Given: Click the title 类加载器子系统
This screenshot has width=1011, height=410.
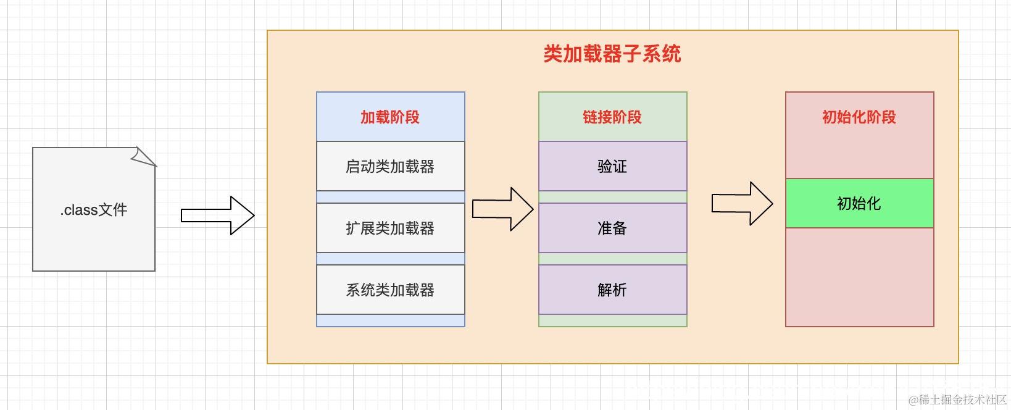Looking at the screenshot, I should coord(612,54).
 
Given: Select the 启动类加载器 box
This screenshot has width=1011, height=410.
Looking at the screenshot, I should coord(390,166).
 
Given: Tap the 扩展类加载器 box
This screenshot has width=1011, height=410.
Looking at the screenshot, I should coord(390,228).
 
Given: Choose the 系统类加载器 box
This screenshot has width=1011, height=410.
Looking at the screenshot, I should coord(390,290).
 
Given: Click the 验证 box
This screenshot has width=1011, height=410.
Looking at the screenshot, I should coord(612,166).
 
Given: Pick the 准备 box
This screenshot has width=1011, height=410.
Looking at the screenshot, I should coord(612,228).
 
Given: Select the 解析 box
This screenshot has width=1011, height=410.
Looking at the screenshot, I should coord(612,290).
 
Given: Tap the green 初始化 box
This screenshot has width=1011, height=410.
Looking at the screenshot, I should coord(859,203).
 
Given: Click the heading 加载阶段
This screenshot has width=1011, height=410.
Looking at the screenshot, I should coord(390,117).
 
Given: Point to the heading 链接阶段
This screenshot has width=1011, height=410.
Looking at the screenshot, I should coord(612,117).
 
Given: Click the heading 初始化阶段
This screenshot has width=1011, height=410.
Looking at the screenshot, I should coord(859,117).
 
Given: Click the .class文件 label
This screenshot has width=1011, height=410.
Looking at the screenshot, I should coord(94,210).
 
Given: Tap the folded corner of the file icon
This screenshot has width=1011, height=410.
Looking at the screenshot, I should coord(145,157).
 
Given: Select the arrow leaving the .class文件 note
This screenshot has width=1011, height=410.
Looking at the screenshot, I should coord(218,215).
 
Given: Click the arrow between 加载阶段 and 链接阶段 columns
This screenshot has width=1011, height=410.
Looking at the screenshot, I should coord(502,209).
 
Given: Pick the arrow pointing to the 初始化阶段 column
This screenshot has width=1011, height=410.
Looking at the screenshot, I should coord(742,203).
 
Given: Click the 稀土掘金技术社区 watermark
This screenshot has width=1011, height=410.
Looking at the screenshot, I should coord(957,400).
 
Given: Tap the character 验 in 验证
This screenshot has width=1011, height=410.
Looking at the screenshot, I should coord(605,166).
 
